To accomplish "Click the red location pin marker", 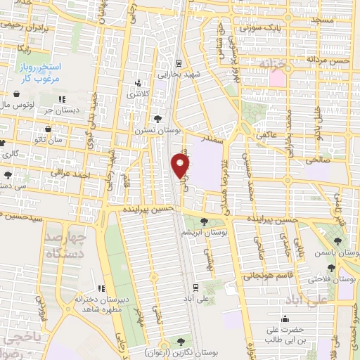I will click(181, 165).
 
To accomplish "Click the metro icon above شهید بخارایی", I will click(179, 62).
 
